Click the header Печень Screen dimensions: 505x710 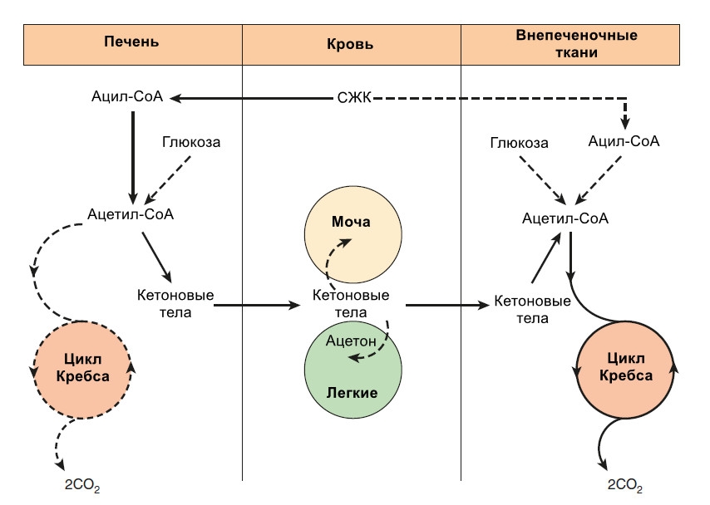(x=131, y=42)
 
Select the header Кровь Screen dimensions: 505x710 (x=350, y=43)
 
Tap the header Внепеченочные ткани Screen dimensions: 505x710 (x=576, y=43)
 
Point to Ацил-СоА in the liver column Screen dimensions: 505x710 (x=127, y=98)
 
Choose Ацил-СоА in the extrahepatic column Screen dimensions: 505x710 (x=623, y=142)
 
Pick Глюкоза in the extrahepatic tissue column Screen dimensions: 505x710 (x=518, y=144)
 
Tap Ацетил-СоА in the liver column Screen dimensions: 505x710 (x=131, y=214)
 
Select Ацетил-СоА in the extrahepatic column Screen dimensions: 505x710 (x=566, y=219)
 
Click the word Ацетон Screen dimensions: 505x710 (x=351, y=341)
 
